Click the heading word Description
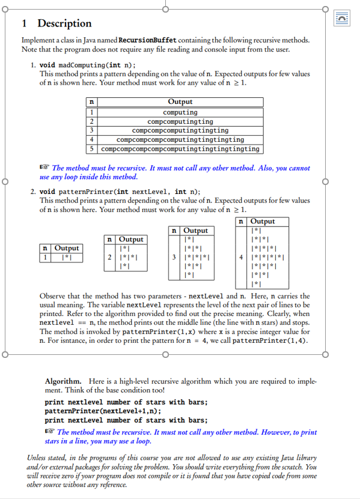pyautogui.click(x=64, y=23)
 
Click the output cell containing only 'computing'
pyautogui.click(x=180, y=112)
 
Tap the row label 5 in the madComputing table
pyautogui.click(x=91, y=148)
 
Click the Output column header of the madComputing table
pyautogui.click(x=180, y=103)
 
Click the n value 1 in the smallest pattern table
pyautogui.click(x=45, y=258)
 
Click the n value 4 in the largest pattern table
pyautogui.click(x=241, y=258)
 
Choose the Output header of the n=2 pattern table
pyautogui.click(x=132, y=240)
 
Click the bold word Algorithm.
pyautogui.click(x=63, y=381)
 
